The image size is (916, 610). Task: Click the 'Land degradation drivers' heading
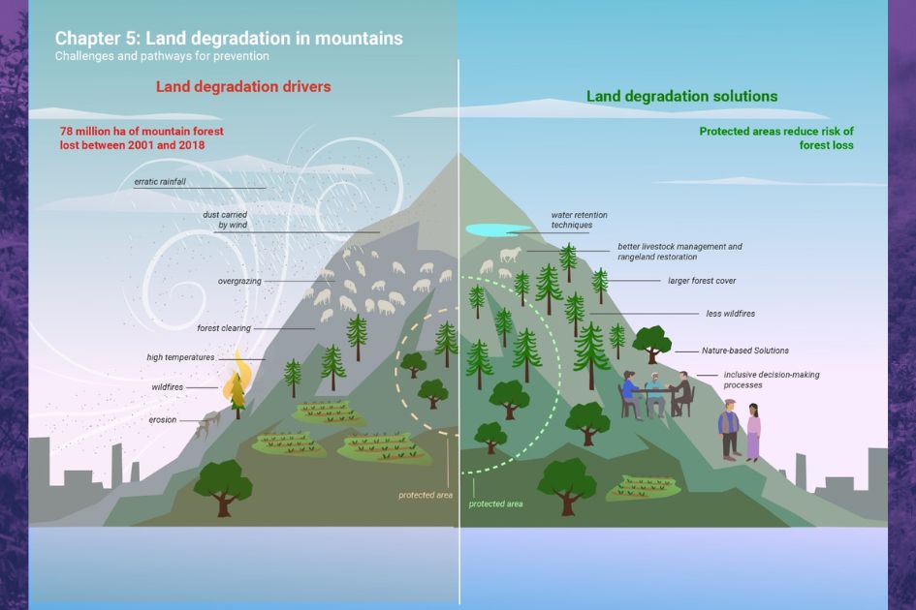click(243, 87)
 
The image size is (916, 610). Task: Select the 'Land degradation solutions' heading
click(681, 97)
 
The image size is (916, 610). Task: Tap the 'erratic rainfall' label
click(160, 182)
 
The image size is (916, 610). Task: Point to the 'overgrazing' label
click(238, 282)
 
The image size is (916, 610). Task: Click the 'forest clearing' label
click(224, 328)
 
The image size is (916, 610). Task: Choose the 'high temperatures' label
click(180, 357)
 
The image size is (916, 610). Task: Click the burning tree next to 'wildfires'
click(236, 390)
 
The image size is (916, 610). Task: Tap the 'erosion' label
click(162, 420)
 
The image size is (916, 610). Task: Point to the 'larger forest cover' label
click(702, 281)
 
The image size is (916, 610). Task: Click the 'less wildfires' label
click(731, 314)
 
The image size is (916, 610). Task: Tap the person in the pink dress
click(753, 433)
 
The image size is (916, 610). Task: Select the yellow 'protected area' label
click(425, 495)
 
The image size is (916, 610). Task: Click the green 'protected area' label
click(495, 504)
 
